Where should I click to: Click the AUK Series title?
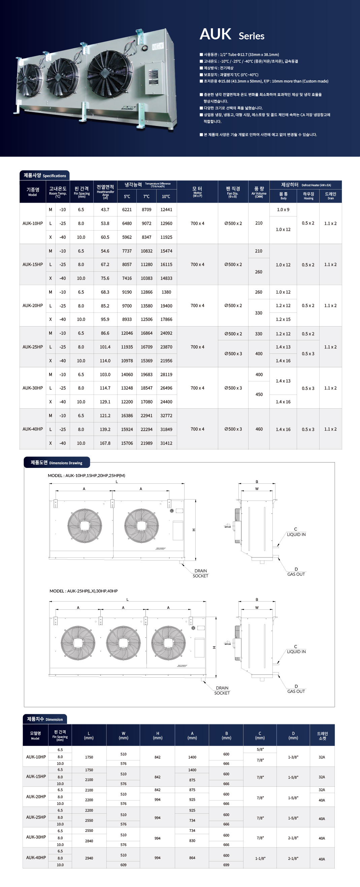[x=232, y=34]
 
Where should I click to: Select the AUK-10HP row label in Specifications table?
[x=33, y=224]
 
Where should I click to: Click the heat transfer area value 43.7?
[x=105, y=210]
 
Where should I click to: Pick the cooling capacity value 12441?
[x=166, y=210]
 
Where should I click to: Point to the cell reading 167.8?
[x=105, y=443]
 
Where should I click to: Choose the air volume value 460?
[x=259, y=430]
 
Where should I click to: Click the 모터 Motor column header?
[x=197, y=192]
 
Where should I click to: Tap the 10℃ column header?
[x=166, y=197]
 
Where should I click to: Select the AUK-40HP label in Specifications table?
[x=33, y=430]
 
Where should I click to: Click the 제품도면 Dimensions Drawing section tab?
[x=57, y=463]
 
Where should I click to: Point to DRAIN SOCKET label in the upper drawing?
[x=200, y=573]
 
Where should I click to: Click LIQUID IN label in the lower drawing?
[x=296, y=651]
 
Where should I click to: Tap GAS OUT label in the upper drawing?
[x=296, y=574]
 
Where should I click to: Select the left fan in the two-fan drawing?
[x=85, y=526]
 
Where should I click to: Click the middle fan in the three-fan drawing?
[x=123, y=643]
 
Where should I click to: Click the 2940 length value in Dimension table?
[x=89, y=858]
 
